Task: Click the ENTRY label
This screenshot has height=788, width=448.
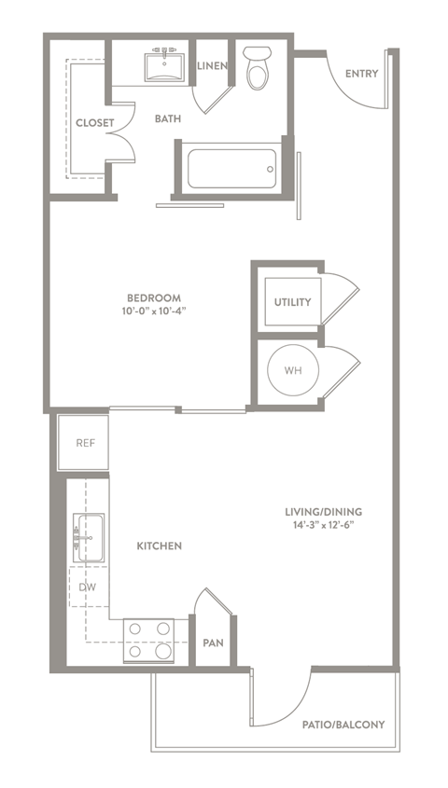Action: [360, 75]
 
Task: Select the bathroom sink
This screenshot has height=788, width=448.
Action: [167, 65]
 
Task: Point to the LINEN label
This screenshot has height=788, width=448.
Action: [213, 64]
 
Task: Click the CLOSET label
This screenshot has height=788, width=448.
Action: [94, 122]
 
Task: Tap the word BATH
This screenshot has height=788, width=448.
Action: [168, 119]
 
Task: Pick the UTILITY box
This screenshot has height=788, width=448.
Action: [292, 302]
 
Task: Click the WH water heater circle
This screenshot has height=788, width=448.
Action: [292, 370]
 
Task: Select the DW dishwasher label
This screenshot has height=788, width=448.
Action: [87, 587]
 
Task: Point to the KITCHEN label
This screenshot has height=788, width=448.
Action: [158, 546]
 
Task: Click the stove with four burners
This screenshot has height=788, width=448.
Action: [150, 641]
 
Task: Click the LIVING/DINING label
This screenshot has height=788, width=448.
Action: [325, 511]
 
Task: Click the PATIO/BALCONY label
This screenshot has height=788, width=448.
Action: [343, 724]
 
